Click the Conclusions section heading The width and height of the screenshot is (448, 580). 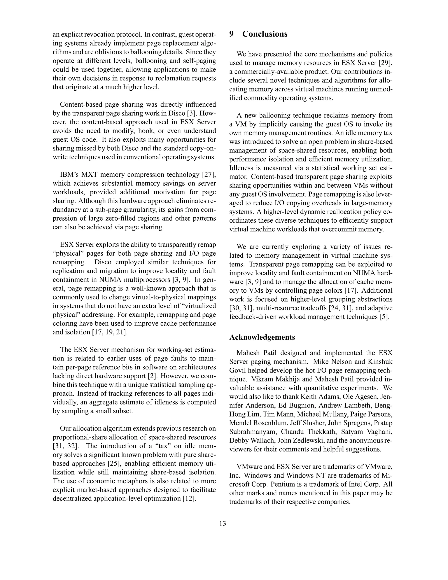pyautogui.click(x=265, y=34)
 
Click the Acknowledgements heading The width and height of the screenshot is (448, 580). pyautogui.click(x=262, y=337)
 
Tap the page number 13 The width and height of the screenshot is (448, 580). pyautogui.click(x=223, y=524)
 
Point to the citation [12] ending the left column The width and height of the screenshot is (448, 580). pyautogui.click(x=189, y=498)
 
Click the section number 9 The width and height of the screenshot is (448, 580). pyautogui.click(x=231, y=34)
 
